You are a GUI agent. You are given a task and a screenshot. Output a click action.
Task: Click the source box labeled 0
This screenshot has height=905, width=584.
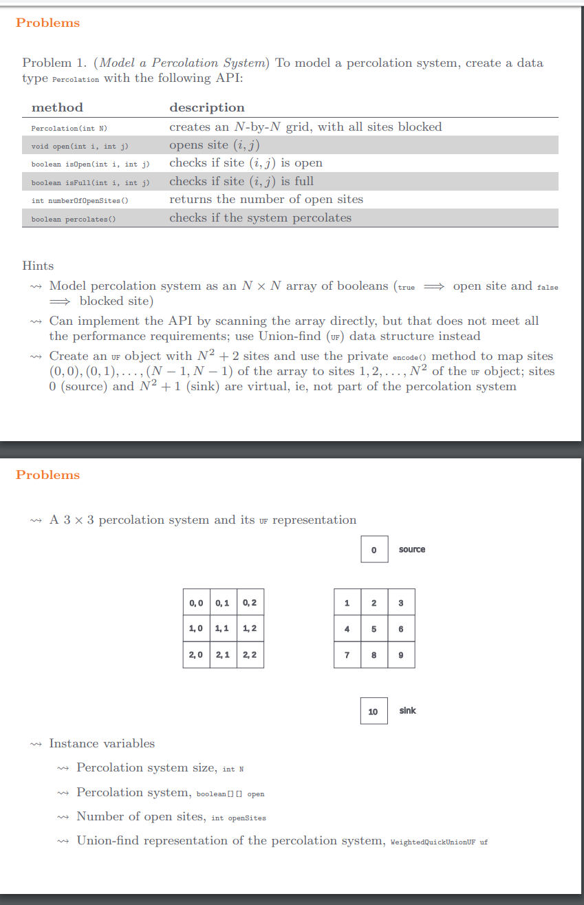click(x=374, y=549)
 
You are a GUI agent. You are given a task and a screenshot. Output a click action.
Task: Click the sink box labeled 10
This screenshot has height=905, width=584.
click(x=373, y=711)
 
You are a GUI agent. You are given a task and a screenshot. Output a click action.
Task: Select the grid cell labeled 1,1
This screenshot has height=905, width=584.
click(x=223, y=628)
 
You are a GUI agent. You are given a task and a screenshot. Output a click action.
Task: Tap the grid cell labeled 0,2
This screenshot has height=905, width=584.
click(x=250, y=603)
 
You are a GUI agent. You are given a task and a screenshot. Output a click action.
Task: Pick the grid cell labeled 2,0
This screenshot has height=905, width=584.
click(x=196, y=654)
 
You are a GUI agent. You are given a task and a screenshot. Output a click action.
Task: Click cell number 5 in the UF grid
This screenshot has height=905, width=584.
click(x=374, y=628)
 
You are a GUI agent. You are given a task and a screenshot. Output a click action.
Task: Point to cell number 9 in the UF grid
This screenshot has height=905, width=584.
click(x=400, y=654)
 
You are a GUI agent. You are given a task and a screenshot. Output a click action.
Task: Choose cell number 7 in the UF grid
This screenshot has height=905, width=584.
click(x=347, y=654)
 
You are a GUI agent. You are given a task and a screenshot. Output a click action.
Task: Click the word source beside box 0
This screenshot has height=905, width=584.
click(x=412, y=549)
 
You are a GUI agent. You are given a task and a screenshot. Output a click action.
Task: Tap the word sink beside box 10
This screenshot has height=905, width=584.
click(x=407, y=710)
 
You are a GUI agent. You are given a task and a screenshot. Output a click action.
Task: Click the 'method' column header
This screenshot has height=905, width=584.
click(x=57, y=107)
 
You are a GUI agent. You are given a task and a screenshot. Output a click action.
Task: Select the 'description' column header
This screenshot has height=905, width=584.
click(x=206, y=107)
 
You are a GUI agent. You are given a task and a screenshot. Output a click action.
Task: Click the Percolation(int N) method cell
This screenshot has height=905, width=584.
click(x=69, y=128)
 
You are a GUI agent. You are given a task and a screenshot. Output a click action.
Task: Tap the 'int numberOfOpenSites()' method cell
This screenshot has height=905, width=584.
click(x=80, y=201)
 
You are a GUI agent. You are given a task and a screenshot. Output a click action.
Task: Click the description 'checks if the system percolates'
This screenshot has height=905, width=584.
click(x=260, y=218)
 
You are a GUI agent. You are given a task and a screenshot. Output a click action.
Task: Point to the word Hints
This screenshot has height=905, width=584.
click(x=38, y=266)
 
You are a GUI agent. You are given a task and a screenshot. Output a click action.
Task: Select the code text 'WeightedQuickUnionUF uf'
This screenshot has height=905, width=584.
click(x=439, y=842)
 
